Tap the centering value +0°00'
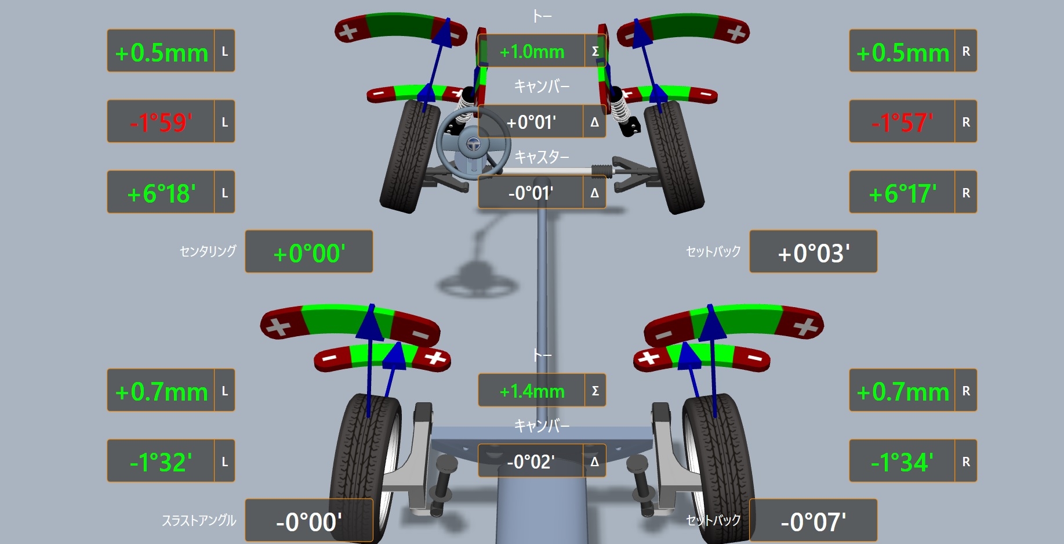tap(308, 252)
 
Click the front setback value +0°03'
tap(813, 252)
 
